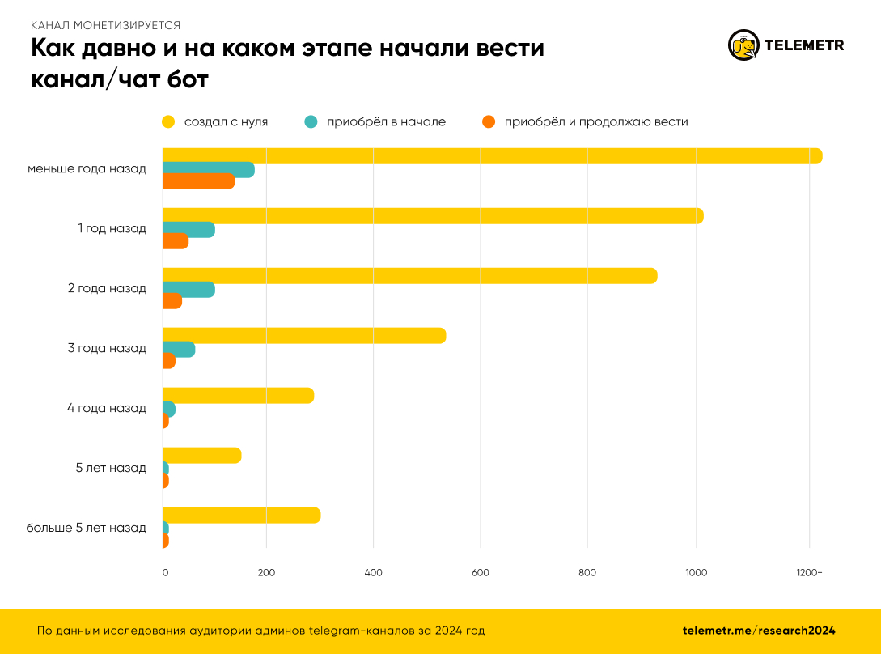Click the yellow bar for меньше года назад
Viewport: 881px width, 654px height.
tap(492, 156)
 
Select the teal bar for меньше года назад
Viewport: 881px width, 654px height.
tap(208, 170)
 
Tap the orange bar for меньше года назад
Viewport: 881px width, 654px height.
tap(198, 182)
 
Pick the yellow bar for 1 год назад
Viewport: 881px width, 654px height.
tap(433, 216)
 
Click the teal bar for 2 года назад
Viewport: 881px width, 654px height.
tap(188, 289)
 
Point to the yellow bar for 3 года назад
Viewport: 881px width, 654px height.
tap(304, 335)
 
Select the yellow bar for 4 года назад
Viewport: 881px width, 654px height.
tap(238, 396)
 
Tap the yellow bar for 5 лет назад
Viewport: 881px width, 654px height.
tap(201, 456)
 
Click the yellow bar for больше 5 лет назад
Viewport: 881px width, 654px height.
tap(241, 516)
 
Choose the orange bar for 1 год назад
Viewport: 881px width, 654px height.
tap(176, 241)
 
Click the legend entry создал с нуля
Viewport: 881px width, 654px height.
tap(226, 122)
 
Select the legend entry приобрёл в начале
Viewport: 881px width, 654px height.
tap(386, 122)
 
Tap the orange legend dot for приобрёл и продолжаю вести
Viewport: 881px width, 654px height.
tap(488, 122)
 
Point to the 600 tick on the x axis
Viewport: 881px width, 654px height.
tap(480, 573)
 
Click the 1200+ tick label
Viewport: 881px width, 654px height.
tap(809, 573)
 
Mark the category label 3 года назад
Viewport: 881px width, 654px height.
tap(107, 348)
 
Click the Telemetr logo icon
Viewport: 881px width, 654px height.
tap(743, 45)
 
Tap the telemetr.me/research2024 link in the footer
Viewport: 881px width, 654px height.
tap(758, 631)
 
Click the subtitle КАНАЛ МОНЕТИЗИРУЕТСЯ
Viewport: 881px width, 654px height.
tap(105, 25)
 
